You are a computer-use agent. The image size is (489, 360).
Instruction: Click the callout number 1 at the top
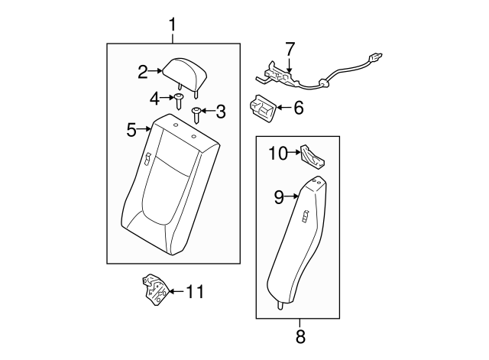click(x=172, y=24)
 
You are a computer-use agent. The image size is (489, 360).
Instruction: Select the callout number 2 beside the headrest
click(x=143, y=73)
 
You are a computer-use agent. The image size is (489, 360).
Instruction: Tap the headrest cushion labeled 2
click(x=184, y=71)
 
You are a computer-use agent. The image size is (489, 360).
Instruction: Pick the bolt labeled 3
click(x=197, y=114)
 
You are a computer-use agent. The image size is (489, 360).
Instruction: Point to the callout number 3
click(x=221, y=112)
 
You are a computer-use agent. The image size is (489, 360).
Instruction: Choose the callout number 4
click(x=154, y=98)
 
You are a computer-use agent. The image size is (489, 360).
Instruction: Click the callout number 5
click(x=131, y=130)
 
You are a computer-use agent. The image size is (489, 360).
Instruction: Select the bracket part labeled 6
click(x=262, y=108)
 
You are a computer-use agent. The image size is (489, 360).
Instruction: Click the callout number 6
click(x=298, y=109)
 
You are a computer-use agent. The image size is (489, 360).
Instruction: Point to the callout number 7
click(x=290, y=50)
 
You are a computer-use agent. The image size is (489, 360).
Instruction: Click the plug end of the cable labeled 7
click(x=374, y=57)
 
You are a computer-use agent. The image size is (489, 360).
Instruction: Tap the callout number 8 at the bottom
click(x=300, y=336)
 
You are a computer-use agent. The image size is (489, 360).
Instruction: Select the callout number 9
click(x=279, y=197)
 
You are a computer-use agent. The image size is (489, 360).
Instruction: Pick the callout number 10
click(x=277, y=154)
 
